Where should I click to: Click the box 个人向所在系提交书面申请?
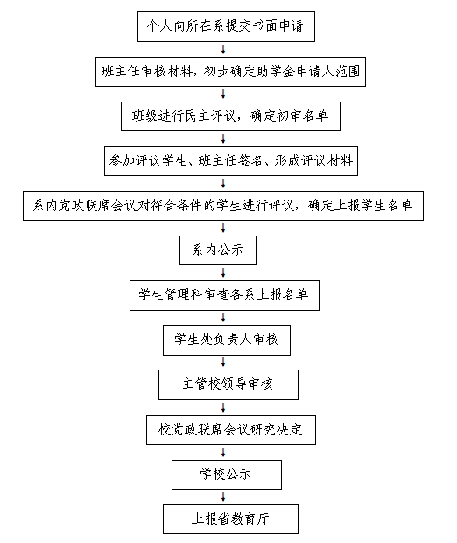(x=226, y=26)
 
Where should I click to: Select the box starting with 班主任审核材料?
(x=230, y=72)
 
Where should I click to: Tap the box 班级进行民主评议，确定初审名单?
(x=230, y=116)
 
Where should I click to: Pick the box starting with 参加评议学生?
(x=231, y=161)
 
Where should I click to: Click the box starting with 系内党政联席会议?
(x=223, y=206)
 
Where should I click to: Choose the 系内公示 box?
(x=218, y=250)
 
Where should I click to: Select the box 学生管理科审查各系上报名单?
(x=224, y=295)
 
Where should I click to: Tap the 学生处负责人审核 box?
(x=227, y=340)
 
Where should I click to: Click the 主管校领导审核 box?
(x=228, y=384)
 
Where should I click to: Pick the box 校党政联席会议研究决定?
(x=231, y=430)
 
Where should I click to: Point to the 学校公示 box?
(x=227, y=475)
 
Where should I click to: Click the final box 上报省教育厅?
(x=230, y=519)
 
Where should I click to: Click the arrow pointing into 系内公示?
(x=223, y=229)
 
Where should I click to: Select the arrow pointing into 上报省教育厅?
(x=223, y=497)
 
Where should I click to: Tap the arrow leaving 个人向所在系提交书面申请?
(x=223, y=50)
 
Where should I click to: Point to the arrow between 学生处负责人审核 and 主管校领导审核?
(x=223, y=363)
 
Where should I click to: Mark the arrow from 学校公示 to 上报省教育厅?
(x=223, y=497)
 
